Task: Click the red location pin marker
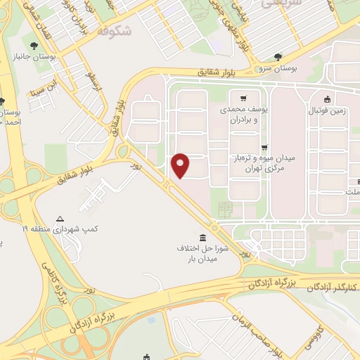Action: click(x=181, y=164)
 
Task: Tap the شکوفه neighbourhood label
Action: click(x=114, y=31)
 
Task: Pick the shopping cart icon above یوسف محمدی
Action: click(x=243, y=98)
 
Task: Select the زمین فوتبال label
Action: click(x=328, y=111)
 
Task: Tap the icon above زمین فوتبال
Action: click(x=328, y=99)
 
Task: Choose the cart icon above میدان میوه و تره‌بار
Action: click(x=264, y=148)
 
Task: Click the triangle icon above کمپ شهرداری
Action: click(x=60, y=219)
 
